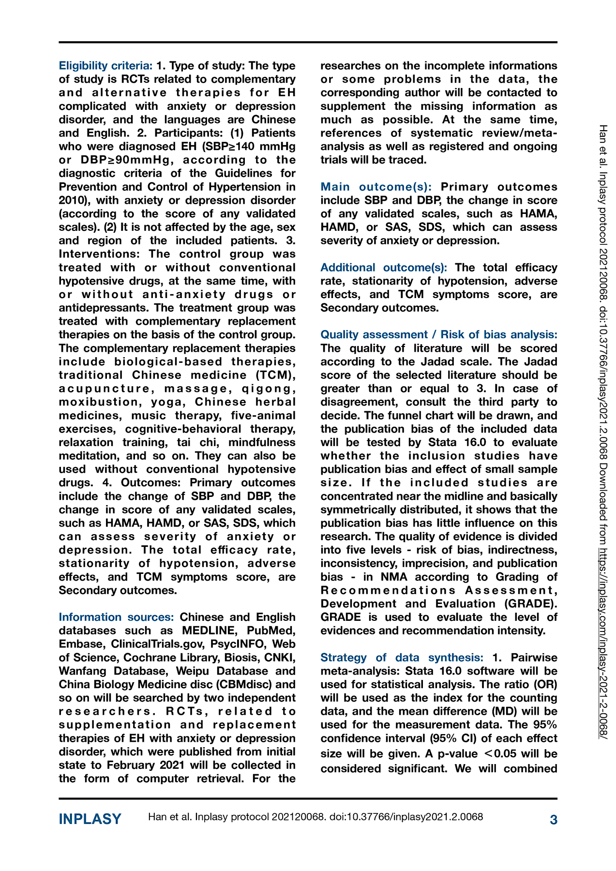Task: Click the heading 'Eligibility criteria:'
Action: tap(105, 66)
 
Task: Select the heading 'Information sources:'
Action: tap(116, 617)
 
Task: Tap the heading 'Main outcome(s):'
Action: tap(376, 187)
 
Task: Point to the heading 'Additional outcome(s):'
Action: tap(384, 268)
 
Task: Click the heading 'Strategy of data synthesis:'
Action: tap(402, 658)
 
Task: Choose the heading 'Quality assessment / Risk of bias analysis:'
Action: tap(438, 335)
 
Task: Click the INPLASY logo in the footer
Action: tap(90, 819)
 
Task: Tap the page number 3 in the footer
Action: tap(553, 820)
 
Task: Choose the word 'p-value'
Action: tap(457, 754)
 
